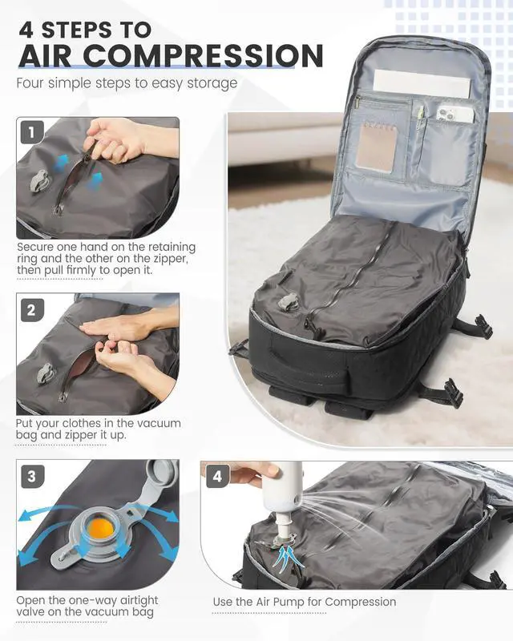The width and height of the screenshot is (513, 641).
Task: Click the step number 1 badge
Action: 31,132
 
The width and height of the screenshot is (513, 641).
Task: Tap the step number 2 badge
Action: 31,310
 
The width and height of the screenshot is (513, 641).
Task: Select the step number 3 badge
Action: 31,477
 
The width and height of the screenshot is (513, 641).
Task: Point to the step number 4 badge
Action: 217,477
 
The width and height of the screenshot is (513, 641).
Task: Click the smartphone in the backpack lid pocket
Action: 454,114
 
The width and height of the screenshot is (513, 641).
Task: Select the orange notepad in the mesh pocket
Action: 374,145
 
